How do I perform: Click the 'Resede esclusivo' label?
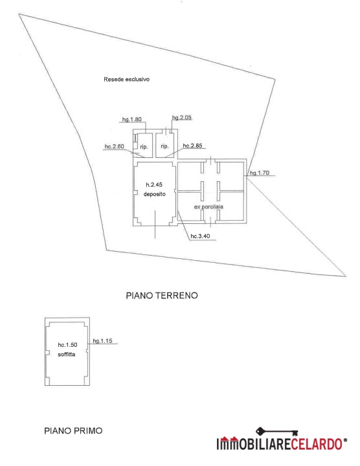click(126, 80)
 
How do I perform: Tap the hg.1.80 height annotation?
click(131, 120)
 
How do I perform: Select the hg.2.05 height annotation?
click(182, 117)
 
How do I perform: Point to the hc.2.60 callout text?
click(114, 146)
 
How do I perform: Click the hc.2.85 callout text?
click(192, 146)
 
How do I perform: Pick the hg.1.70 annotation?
click(260, 173)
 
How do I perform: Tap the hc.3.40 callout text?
click(200, 236)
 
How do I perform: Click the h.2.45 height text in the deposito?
click(154, 185)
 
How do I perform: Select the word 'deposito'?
click(155, 194)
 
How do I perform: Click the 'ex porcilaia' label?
click(208, 207)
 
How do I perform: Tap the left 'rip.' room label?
click(144, 147)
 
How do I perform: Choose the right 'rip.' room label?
click(164, 146)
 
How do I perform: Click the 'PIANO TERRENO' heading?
click(162, 296)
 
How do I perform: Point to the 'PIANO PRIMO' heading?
click(73, 430)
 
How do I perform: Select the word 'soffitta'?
click(67, 355)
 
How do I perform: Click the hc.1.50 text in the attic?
click(67, 345)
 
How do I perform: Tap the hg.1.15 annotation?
click(102, 341)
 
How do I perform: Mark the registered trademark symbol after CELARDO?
click(345, 440)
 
